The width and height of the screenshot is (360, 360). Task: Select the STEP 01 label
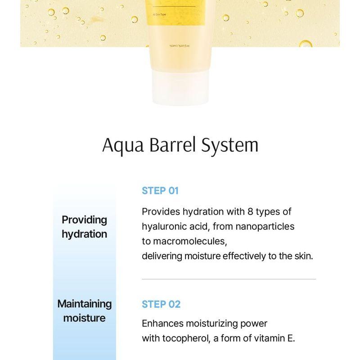point(160,190)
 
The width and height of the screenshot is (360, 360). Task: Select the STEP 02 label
point(161,304)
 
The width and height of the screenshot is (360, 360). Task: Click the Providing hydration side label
point(85,227)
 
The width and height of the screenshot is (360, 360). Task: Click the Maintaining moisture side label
point(85,311)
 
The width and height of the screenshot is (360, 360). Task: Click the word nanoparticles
point(267,226)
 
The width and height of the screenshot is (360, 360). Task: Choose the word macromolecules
point(189,241)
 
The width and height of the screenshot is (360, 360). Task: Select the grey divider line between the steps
point(229,279)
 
